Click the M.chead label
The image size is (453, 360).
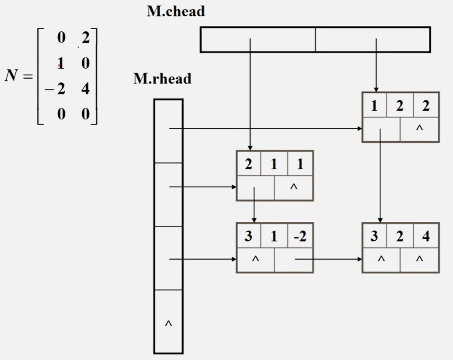176,11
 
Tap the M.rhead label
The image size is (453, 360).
162,79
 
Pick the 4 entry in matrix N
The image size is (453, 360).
85,89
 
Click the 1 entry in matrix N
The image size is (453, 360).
60,63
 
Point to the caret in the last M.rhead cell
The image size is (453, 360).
168,324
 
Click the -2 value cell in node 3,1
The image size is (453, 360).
300,236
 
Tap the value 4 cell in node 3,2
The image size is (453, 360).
426,236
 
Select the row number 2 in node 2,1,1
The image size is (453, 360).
248,164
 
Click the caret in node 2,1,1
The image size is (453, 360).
294,187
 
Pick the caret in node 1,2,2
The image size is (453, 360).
420,129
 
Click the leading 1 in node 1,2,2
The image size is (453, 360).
374,106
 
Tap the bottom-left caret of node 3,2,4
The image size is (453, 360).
381,259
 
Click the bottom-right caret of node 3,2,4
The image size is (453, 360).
420,259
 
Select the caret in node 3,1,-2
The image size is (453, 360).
256,259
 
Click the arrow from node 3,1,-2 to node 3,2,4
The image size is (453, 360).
328,259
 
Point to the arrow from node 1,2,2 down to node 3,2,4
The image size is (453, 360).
380,179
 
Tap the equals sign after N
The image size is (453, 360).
28,77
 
